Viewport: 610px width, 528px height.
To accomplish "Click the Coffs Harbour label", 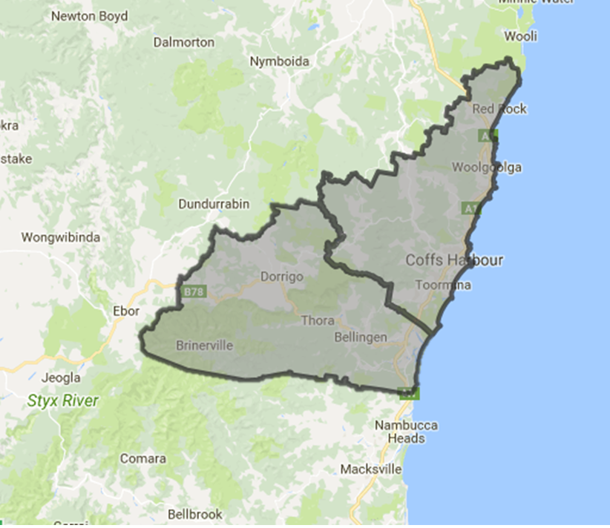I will coord(455,260).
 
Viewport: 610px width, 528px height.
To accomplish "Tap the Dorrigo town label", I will coord(279,277).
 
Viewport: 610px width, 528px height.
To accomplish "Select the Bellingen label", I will coord(361,337).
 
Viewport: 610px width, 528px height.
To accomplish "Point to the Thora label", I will coord(317,321).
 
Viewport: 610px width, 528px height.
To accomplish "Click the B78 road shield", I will coord(193,292).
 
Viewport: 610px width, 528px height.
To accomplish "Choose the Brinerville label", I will coord(204,346).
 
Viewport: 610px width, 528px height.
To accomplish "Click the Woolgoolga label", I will coord(487,168).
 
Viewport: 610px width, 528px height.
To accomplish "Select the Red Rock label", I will coord(499,109).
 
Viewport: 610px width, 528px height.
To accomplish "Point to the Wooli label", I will coord(519,36).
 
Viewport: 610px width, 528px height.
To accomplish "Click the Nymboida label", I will coord(280,61).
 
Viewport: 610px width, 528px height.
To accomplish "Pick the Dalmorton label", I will coord(183,42).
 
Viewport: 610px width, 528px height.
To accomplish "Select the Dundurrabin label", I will coord(214,204).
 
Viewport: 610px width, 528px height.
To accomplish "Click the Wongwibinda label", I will coord(61,238).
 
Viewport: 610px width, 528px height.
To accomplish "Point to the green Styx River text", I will coord(62,401).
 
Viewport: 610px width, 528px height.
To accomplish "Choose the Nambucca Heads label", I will coord(406,432).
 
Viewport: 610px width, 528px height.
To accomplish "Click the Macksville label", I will coord(370,469).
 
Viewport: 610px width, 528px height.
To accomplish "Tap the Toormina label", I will coord(444,285).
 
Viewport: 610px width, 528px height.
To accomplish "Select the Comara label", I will coord(142,459).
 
